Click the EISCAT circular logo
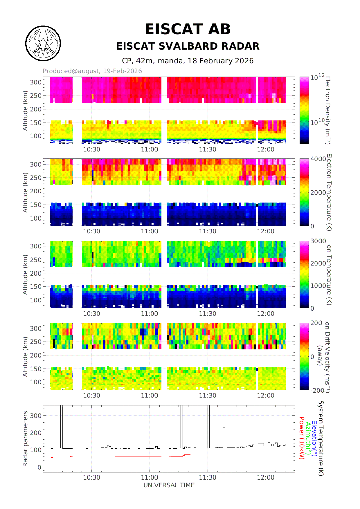(43, 44)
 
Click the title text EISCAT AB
(188, 29)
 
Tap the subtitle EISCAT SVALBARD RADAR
(188, 46)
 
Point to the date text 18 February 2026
(220, 61)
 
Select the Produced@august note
(92, 71)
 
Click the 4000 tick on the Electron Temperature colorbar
(318, 159)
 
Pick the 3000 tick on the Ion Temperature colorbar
(318, 241)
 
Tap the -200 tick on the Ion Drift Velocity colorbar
(317, 391)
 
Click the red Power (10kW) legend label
(302, 438)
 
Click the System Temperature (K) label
(321, 438)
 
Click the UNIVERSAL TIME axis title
(169, 485)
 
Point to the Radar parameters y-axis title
(25, 439)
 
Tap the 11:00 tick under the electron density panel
(150, 149)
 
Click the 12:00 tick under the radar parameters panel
(265, 478)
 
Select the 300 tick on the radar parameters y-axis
(36, 416)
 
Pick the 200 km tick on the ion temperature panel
(36, 273)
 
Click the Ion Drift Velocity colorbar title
(327, 356)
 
